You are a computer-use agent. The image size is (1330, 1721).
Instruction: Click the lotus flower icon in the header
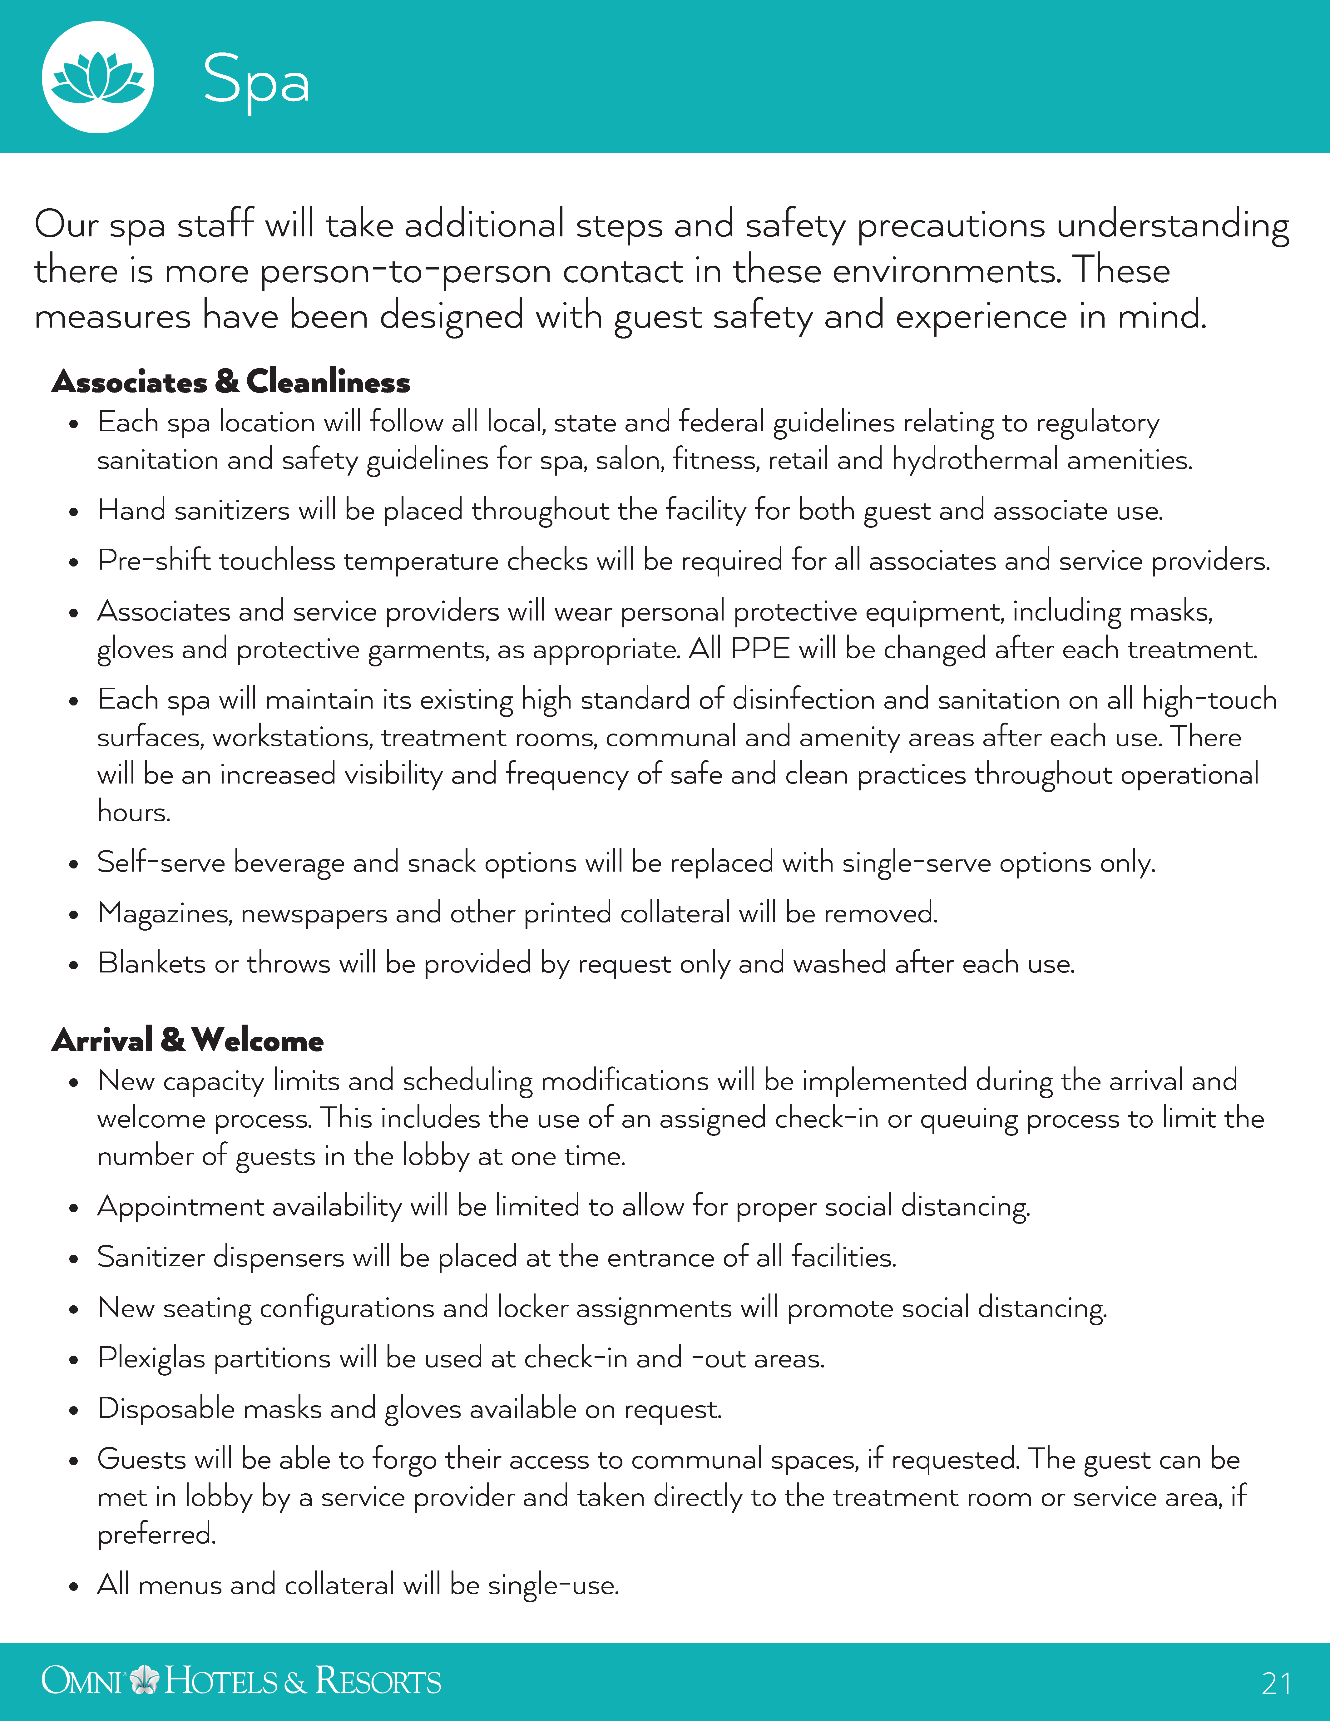pyautogui.click(x=98, y=77)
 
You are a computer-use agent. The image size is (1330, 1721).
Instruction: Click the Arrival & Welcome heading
pyautogui.click(x=187, y=1040)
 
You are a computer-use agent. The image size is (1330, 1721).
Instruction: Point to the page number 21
pyautogui.click(x=1276, y=1684)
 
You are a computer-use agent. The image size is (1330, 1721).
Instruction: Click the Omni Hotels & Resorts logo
pyautogui.click(x=241, y=1681)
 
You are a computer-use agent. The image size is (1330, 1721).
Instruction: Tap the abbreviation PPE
pyautogui.click(x=759, y=649)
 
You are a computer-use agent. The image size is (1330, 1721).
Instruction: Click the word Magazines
pyautogui.click(x=164, y=913)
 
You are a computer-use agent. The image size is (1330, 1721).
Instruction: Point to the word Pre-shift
pyautogui.click(x=154, y=561)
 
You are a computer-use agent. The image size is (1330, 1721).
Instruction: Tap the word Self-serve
pyautogui.click(x=161, y=863)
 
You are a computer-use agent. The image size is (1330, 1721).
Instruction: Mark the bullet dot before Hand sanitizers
pyautogui.click(x=73, y=512)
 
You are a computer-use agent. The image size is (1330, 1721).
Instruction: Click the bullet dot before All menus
pyautogui.click(x=73, y=1586)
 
